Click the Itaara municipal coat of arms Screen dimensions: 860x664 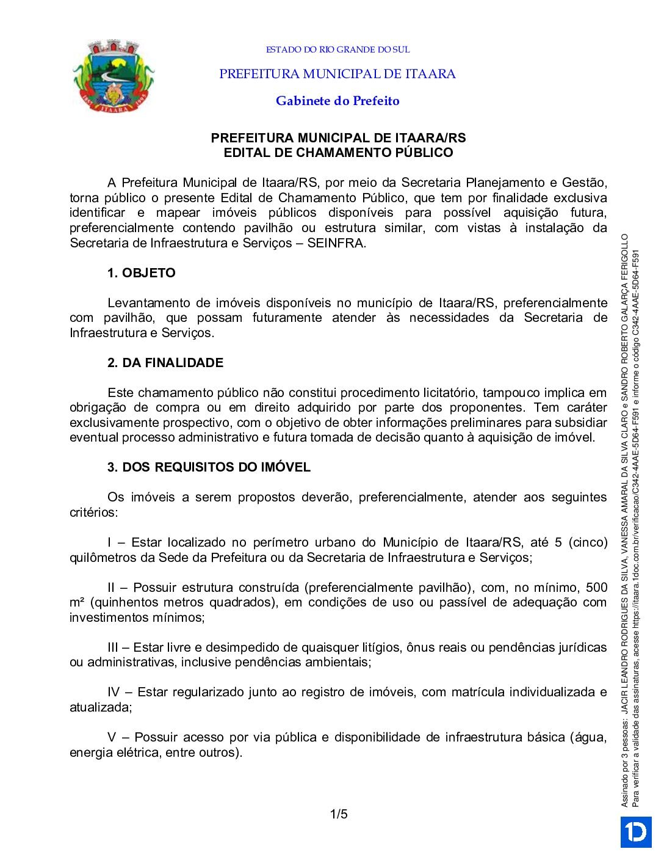(x=113, y=76)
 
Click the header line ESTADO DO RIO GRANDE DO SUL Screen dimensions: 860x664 (x=337, y=49)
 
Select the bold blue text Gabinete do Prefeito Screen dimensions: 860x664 (x=337, y=101)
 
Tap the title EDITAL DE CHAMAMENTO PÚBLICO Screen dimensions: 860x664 (x=338, y=153)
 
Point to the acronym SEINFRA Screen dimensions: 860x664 (x=335, y=243)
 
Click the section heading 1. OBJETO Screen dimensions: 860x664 (x=141, y=273)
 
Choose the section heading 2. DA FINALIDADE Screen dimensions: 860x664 (x=165, y=363)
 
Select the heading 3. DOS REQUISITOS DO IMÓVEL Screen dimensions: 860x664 (x=209, y=467)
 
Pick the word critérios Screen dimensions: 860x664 (x=92, y=512)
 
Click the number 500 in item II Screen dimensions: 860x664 (x=596, y=588)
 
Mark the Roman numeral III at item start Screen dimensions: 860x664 (x=114, y=647)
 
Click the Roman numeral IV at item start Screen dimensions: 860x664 (x=114, y=692)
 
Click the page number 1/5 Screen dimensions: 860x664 (x=339, y=814)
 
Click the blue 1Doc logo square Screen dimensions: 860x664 (x=636, y=832)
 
